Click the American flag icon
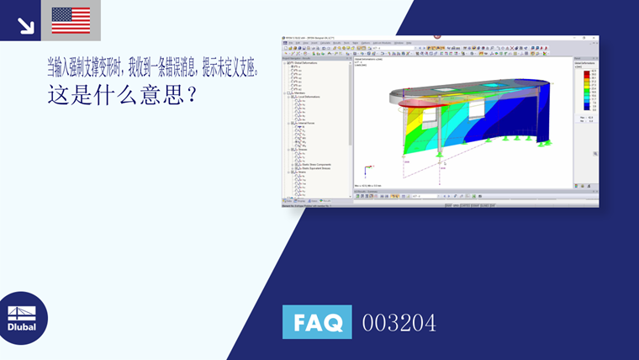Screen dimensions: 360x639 point(71,20)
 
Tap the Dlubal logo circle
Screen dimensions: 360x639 point(22,319)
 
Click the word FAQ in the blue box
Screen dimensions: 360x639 point(317,322)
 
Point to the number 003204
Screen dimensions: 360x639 point(399,322)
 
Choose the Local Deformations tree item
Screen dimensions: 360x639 point(311,97)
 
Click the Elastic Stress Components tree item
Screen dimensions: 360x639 point(316,164)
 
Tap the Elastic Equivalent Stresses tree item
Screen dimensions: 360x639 point(318,168)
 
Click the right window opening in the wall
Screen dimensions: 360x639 point(477,112)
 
